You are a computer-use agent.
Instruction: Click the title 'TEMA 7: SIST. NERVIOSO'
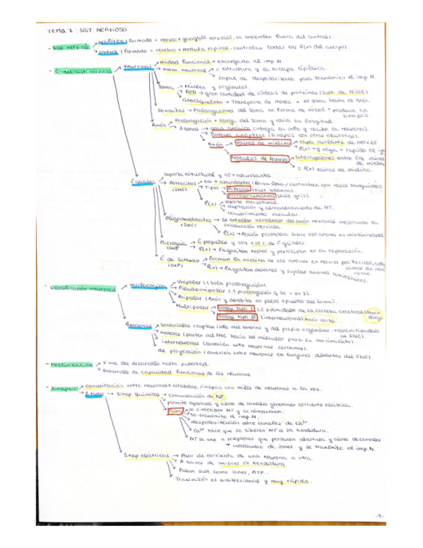88,30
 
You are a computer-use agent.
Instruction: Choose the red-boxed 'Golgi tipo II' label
233,317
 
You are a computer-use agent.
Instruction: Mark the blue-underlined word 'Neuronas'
137,67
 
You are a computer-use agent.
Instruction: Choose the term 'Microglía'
171,242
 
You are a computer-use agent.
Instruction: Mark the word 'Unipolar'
187,284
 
